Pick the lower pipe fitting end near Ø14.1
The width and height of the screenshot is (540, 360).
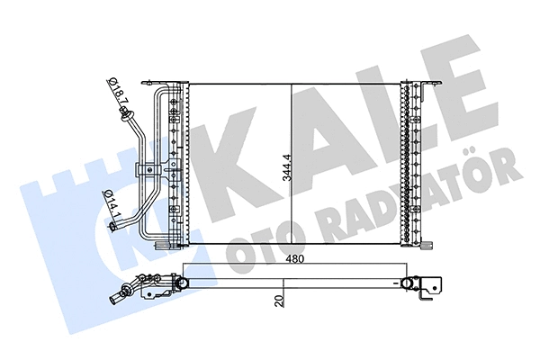click(x=112, y=230)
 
